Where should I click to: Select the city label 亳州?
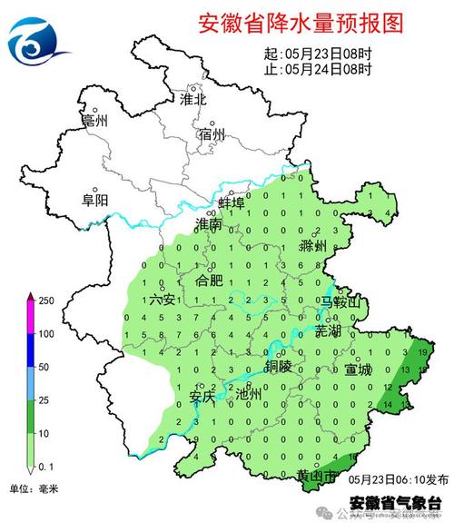tap(94, 121)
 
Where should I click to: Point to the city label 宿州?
tap(212, 135)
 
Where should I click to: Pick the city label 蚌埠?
tap(232, 202)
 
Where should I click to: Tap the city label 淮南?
tap(209, 223)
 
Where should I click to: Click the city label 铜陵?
tap(279, 366)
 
